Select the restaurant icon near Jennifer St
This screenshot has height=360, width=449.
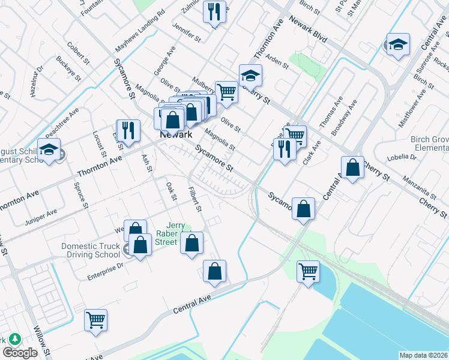click(x=214, y=11)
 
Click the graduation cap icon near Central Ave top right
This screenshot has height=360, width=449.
click(x=397, y=45)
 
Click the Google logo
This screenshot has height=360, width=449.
click(x=20, y=353)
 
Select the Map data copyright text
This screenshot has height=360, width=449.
click(x=424, y=355)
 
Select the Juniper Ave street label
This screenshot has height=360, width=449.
click(x=41, y=212)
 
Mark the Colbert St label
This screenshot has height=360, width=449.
click(x=78, y=52)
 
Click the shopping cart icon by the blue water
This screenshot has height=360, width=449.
click(x=309, y=271)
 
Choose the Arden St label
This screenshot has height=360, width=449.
click(x=277, y=60)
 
